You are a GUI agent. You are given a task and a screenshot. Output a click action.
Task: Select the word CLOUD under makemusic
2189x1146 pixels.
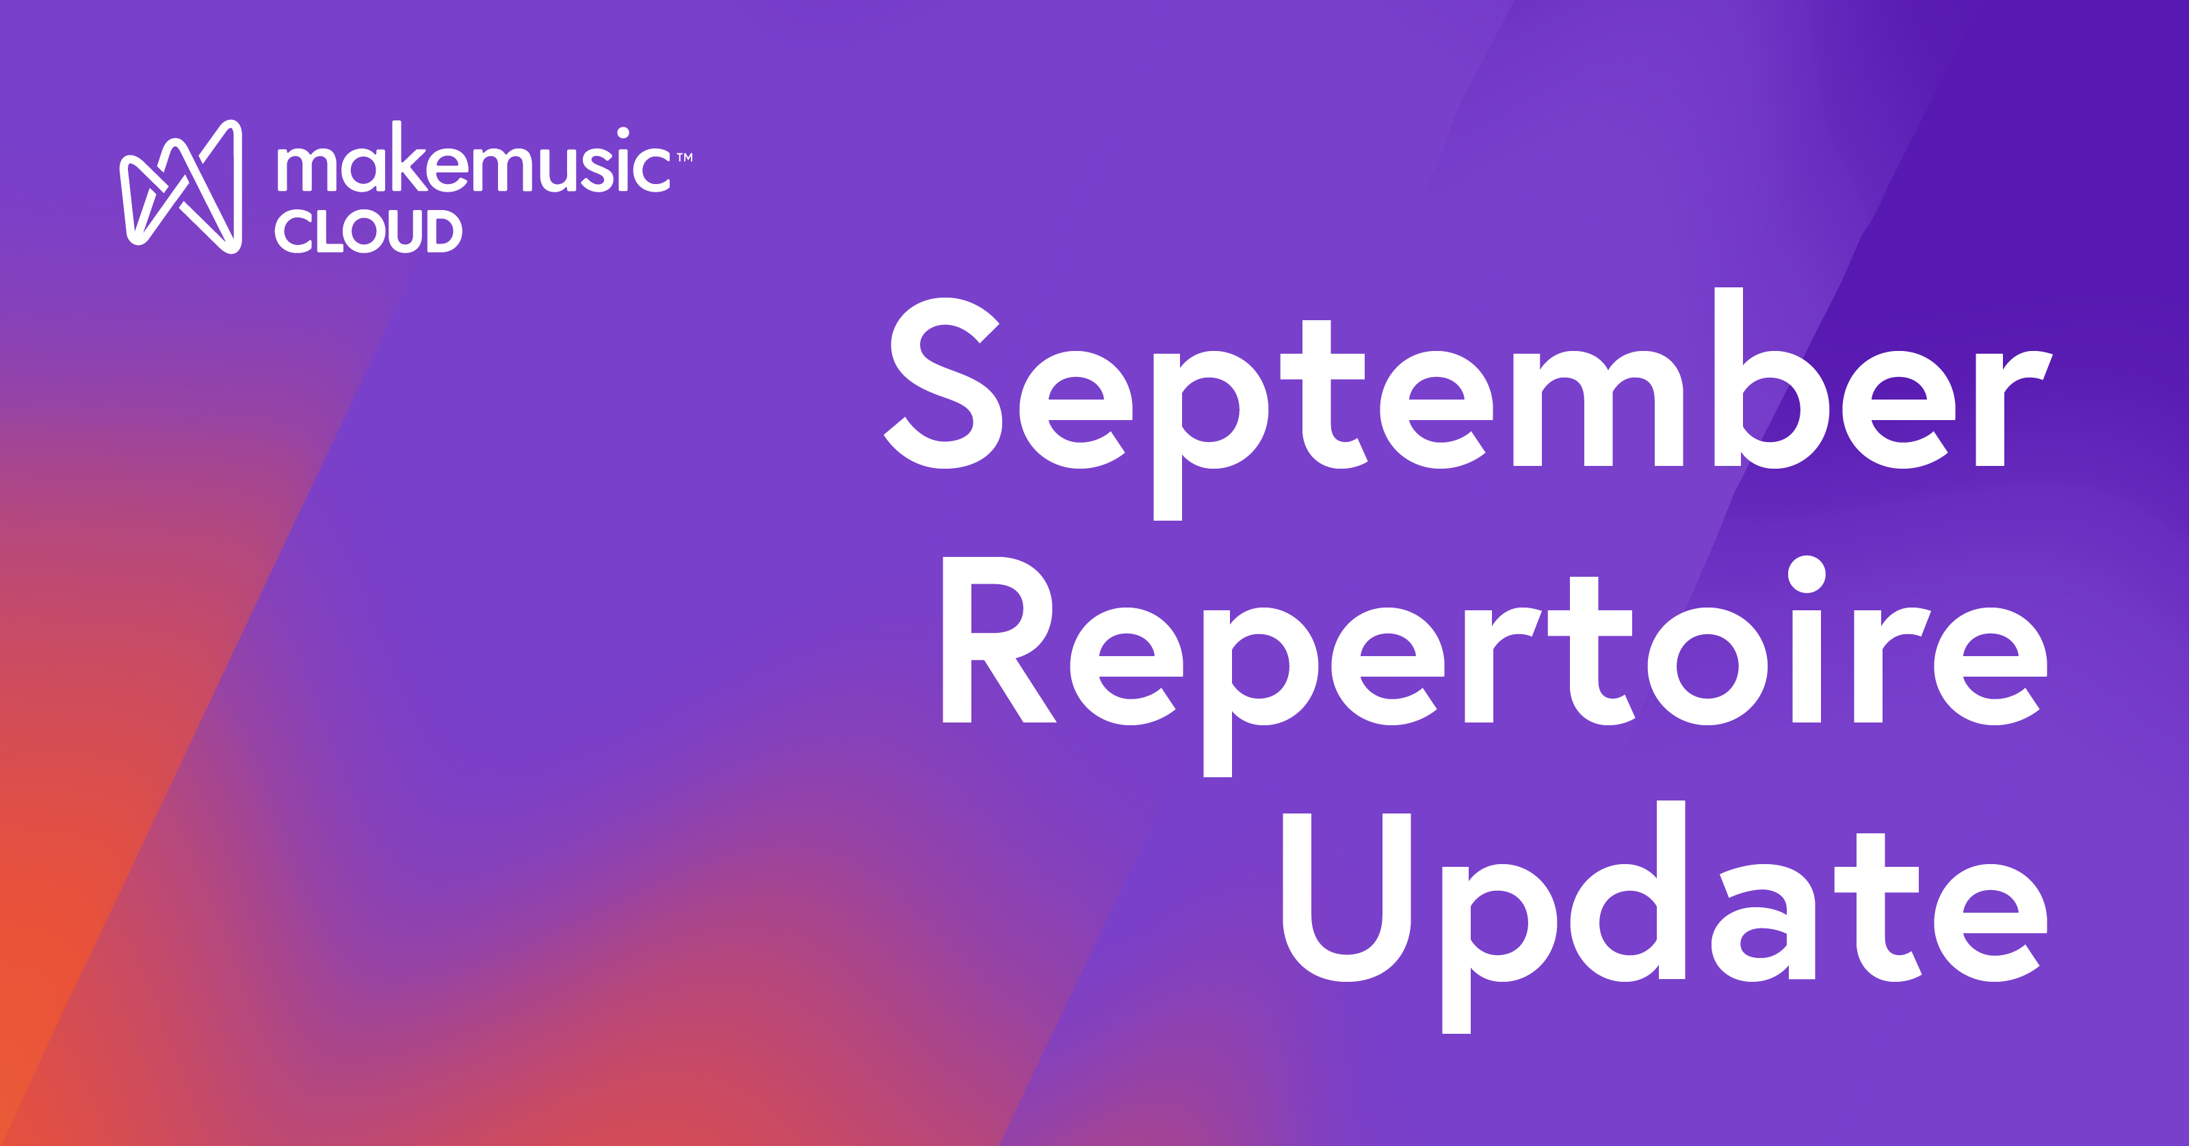coord(368,231)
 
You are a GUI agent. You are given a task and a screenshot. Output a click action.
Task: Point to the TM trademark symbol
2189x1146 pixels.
coord(685,157)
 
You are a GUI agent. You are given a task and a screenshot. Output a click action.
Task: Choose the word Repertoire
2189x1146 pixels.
coord(1494,655)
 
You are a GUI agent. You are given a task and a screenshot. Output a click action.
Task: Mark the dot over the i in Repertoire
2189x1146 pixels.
coord(1807,575)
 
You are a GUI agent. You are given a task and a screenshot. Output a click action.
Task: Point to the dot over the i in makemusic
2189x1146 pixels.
coord(623,133)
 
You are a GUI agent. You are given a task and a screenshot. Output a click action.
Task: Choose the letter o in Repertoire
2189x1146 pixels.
coord(1708,666)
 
